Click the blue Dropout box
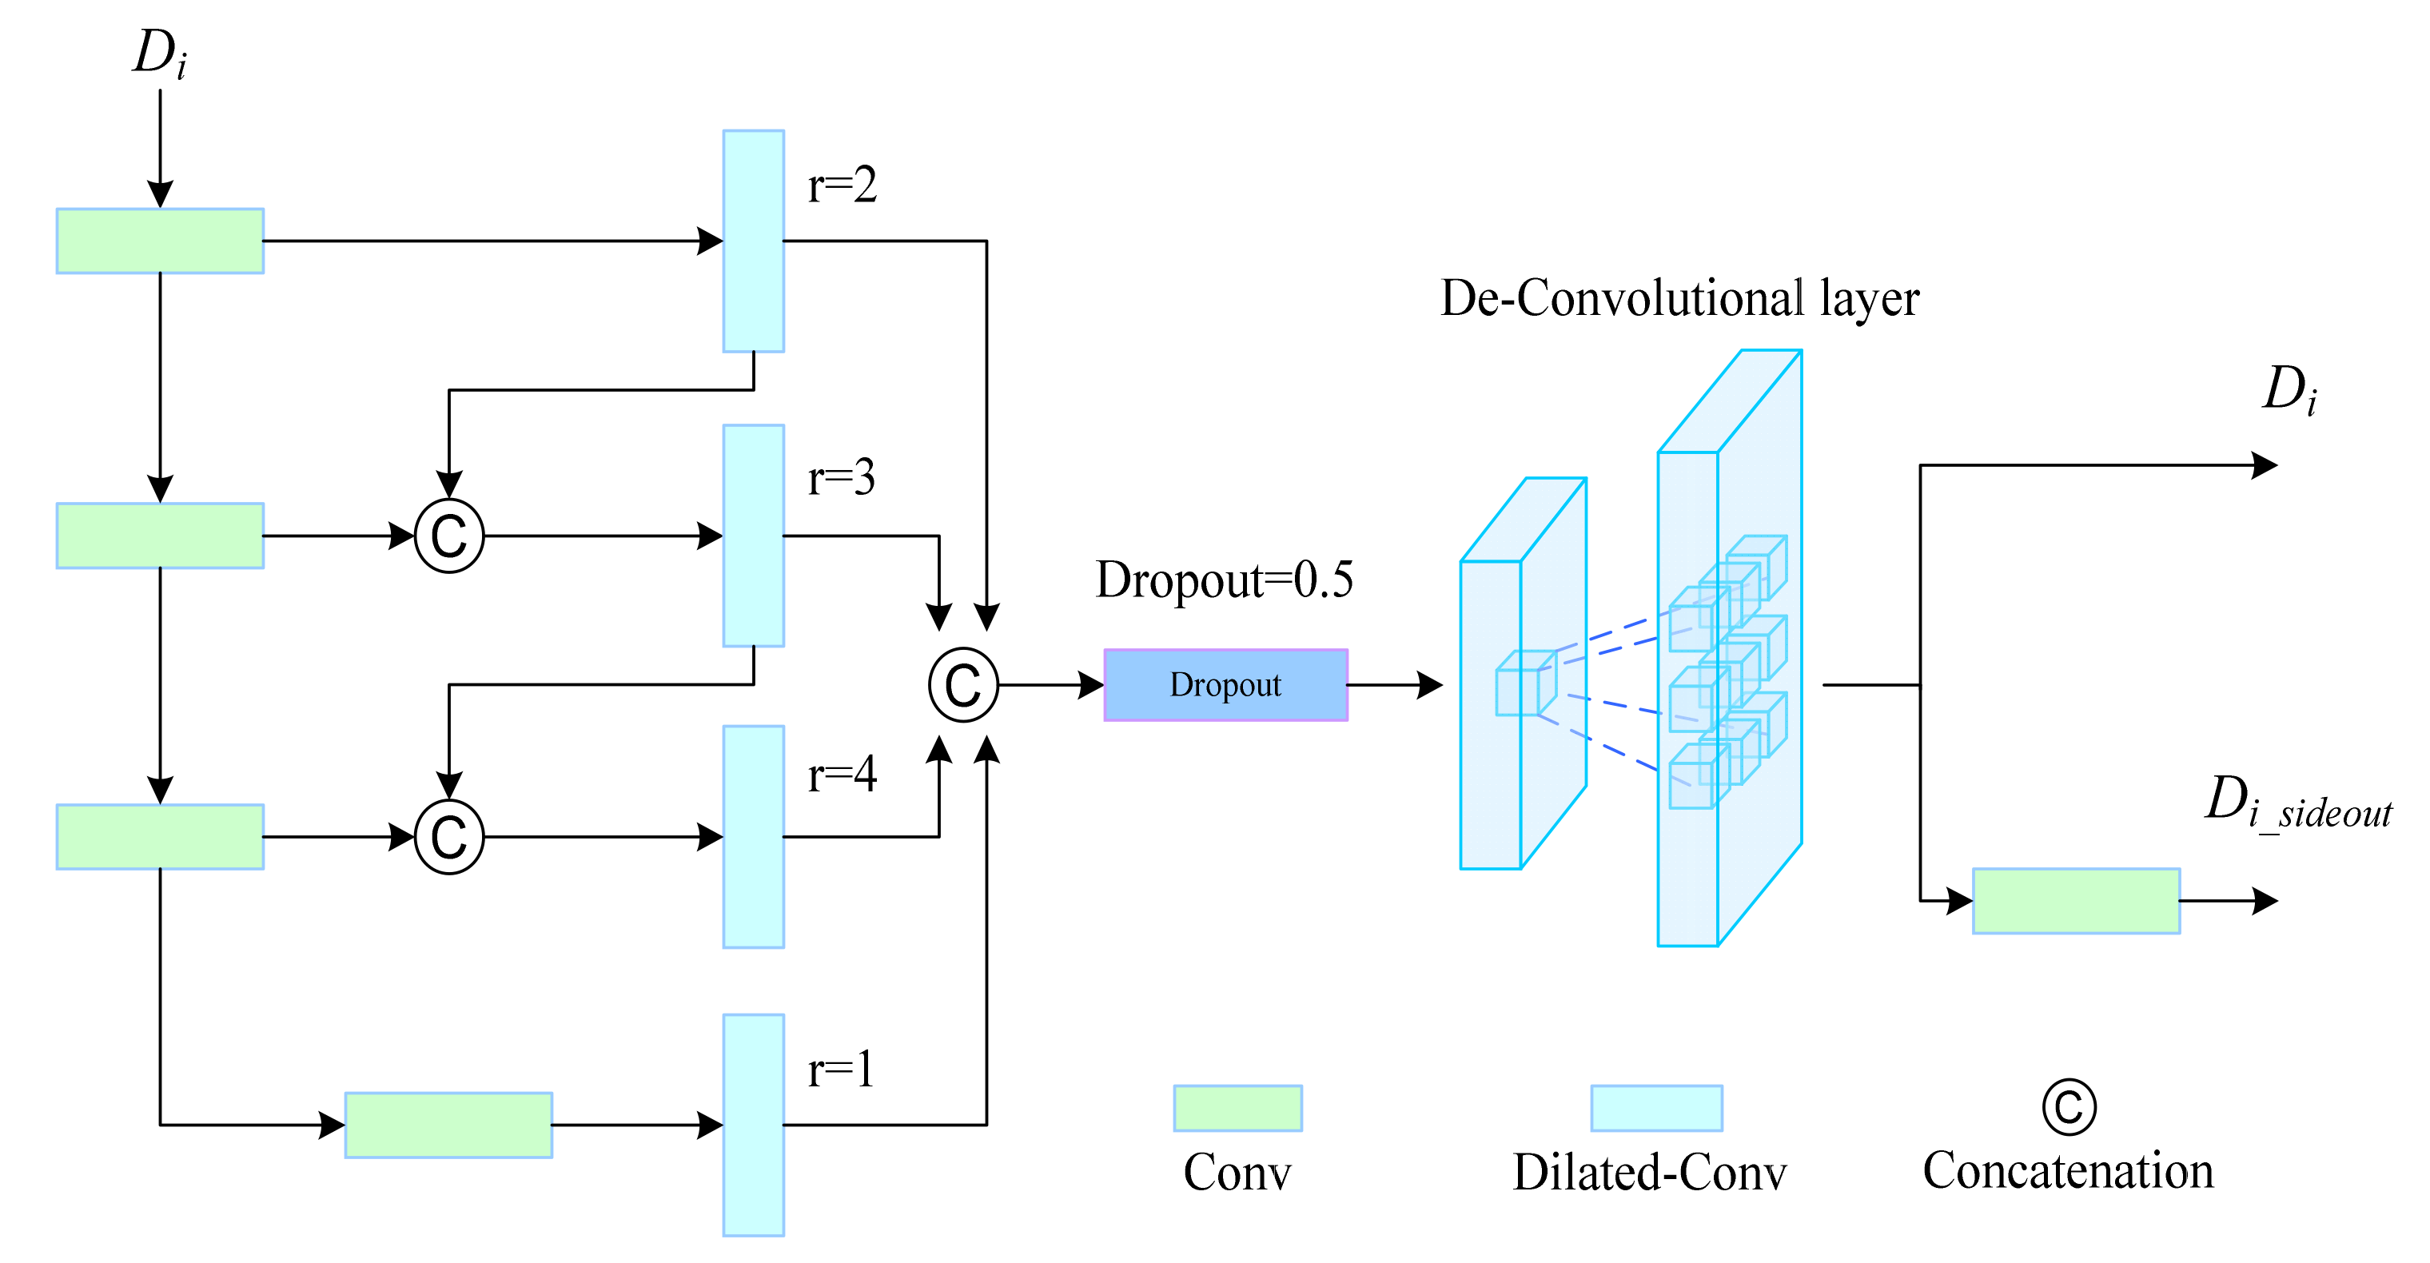tap(1225, 685)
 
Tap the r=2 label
tap(842, 184)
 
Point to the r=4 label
tap(842, 774)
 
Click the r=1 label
tap(839, 1070)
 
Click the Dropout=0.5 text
tap(1224, 580)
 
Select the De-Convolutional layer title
tap(1679, 298)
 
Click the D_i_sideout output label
tap(2297, 802)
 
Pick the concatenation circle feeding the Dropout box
tap(963, 685)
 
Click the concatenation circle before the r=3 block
tap(449, 536)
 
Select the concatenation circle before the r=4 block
tap(449, 837)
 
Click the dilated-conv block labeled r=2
tap(753, 241)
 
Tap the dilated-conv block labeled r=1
tap(753, 1125)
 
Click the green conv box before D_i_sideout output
tap(2075, 901)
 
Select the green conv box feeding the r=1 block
tap(448, 1125)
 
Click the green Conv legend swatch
tap(1237, 1107)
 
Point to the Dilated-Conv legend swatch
tap(1655, 1107)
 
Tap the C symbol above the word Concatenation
tap(2068, 1107)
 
